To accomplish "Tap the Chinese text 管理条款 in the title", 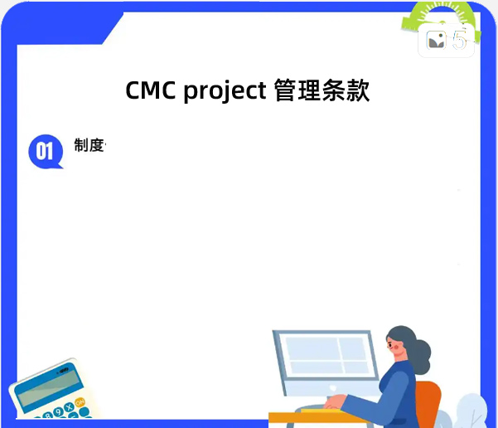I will point(321,90).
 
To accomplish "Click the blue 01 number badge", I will point(45,150).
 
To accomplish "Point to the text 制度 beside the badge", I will point(89,146).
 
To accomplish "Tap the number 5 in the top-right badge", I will point(459,40).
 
